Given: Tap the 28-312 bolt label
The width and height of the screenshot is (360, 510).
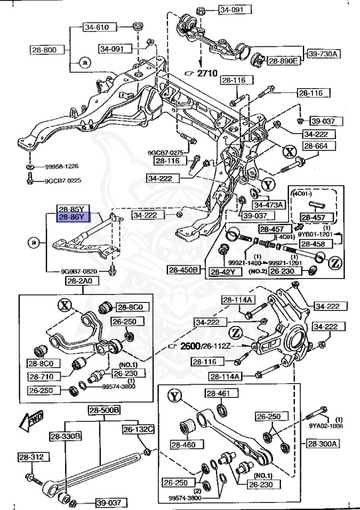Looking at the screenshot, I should click(x=31, y=458).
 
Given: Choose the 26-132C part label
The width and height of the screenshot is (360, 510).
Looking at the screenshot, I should click(x=137, y=430).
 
